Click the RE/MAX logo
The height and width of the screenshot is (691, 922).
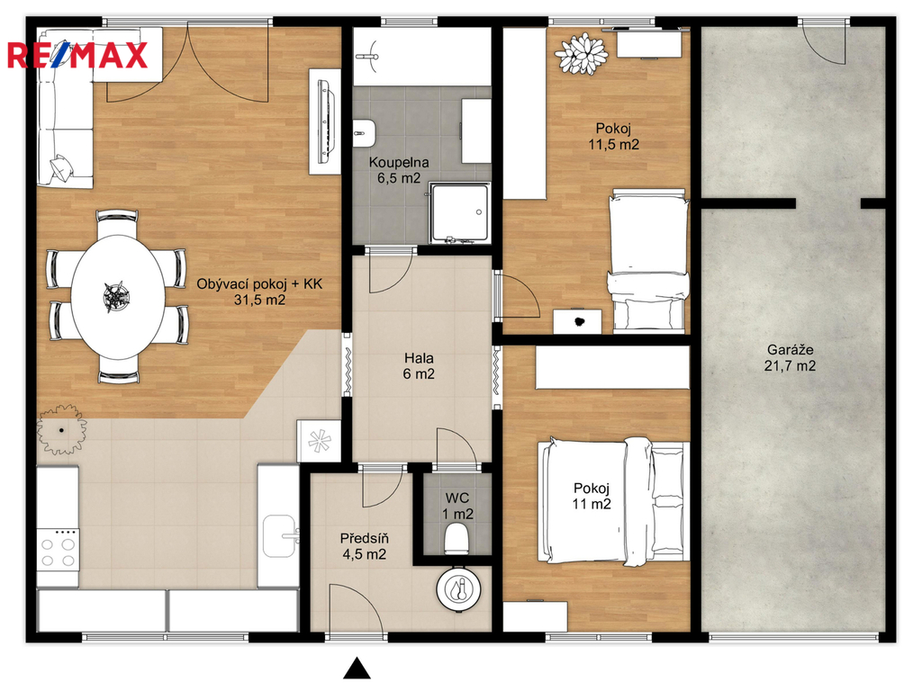coord(77,56)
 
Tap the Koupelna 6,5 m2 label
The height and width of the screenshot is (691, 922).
coord(399,170)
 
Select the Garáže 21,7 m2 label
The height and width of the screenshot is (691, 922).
coord(790,358)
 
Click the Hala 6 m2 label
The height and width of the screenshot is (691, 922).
coord(419,365)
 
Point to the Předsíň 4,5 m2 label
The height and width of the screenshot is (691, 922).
coord(364,546)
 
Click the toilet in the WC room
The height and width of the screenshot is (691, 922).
coord(456,538)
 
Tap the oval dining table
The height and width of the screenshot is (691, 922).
coord(118,297)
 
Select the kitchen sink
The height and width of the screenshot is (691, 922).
coord(279,535)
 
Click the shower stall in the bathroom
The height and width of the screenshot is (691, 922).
coord(459,212)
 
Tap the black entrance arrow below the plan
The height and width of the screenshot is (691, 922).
coord(357,668)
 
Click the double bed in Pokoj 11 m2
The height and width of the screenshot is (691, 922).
coord(613,501)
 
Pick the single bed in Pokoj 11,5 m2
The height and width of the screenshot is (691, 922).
coord(647,260)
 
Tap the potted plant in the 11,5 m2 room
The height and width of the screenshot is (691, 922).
coord(582,54)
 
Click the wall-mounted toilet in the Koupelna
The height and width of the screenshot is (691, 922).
coord(365,133)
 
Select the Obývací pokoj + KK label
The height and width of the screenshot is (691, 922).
coord(259,284)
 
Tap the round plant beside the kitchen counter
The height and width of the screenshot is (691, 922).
coord(61,429)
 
